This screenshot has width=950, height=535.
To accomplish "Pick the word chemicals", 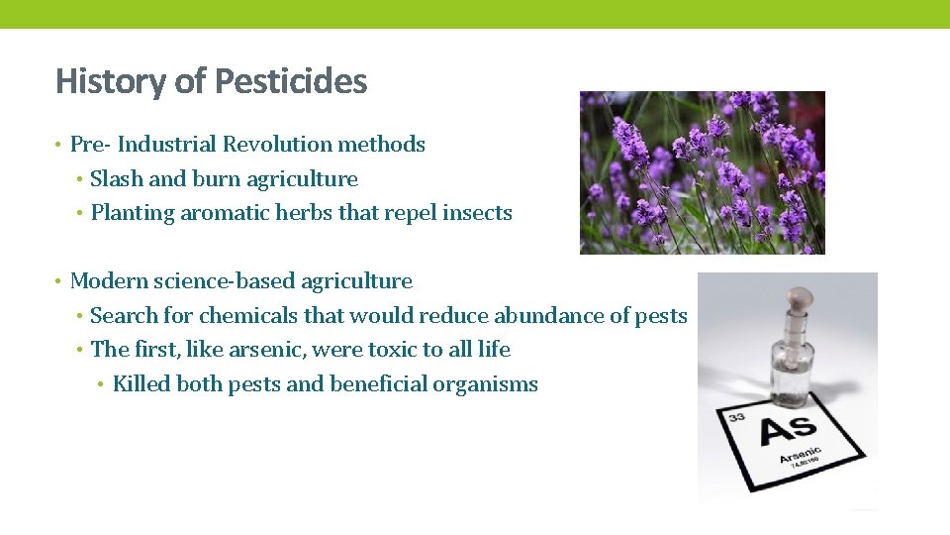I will [x=241, y=316].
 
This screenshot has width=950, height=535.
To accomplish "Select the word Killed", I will [x=142, y=384].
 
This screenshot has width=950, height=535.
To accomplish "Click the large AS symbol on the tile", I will [x=788, y=429].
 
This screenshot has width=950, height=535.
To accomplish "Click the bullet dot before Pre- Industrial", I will [x=59, y=145].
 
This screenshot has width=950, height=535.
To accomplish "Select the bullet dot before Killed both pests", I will [x=102, y=384].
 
